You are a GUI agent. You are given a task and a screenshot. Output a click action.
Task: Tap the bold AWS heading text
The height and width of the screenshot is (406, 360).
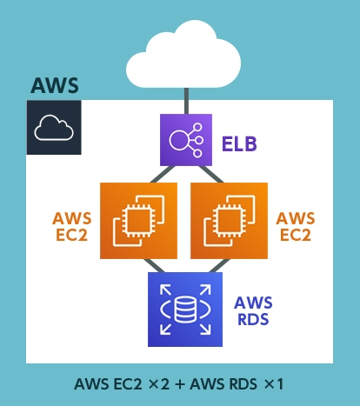click(55, 86)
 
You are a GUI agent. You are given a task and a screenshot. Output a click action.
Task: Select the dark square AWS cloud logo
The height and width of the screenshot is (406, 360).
click(54, 128)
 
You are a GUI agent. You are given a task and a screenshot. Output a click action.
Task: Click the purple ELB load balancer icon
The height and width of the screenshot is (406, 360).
click(184, 139)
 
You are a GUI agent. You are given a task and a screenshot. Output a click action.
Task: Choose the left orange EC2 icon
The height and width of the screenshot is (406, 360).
click(138, 221)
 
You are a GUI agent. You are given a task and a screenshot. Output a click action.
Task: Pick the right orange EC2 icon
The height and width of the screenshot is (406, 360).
click(229, 221)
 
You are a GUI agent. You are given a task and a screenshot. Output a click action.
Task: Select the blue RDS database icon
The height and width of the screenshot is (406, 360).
click(184, 309)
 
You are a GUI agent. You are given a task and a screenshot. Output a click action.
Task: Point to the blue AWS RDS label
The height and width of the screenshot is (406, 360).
click(253, 310)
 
